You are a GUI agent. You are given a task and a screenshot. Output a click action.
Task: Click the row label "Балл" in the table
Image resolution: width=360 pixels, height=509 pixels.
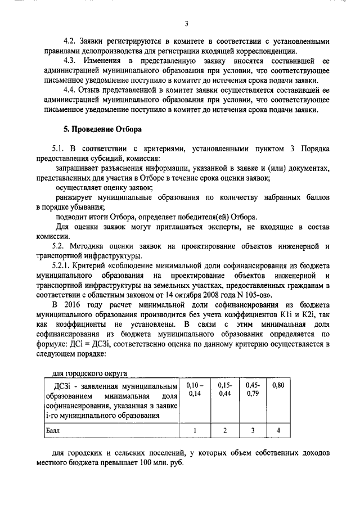(53, 430)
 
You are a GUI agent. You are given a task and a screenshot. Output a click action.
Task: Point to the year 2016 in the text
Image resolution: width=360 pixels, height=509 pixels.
(76, 304)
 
